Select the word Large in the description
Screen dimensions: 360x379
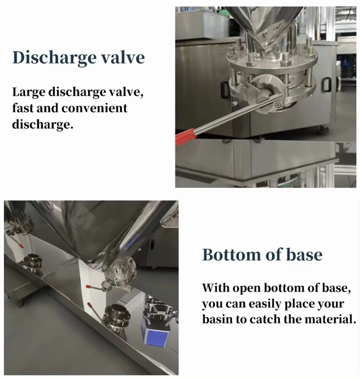28,93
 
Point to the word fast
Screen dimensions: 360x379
23,108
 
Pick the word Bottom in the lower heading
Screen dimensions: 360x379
231,254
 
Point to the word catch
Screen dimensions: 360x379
265,319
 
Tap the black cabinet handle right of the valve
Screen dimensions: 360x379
326,84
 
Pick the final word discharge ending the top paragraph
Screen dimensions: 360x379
43,124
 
